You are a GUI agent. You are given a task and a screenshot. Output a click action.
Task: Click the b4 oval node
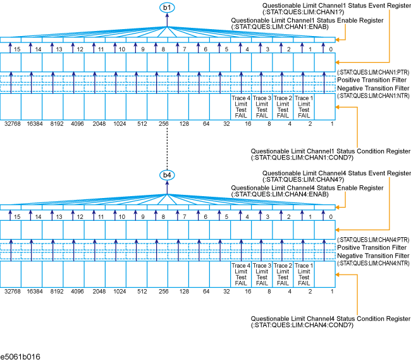(168, 175)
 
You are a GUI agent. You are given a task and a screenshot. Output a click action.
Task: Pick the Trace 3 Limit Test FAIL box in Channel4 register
(262, 273)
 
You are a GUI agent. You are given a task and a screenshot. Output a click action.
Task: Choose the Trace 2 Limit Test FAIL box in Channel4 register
(283, 273)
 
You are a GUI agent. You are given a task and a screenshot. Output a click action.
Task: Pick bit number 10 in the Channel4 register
(122, 216)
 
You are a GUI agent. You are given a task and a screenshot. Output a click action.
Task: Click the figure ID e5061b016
(21, 356)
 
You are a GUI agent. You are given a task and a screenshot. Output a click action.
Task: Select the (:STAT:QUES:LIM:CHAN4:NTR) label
(374, 262)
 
